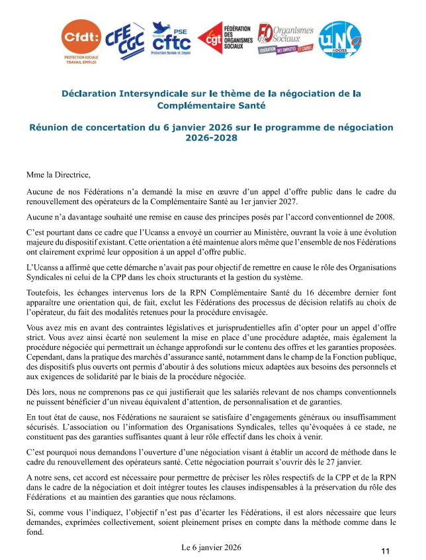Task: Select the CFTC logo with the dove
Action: pyautogui.click(x=171, y=38)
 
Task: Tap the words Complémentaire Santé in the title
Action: pyautogui.click(x=212, y=105)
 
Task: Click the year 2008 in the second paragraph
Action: pyautogui.click(x=382, y=217)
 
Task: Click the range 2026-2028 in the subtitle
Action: pyautogui.click(x=212, y=139)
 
